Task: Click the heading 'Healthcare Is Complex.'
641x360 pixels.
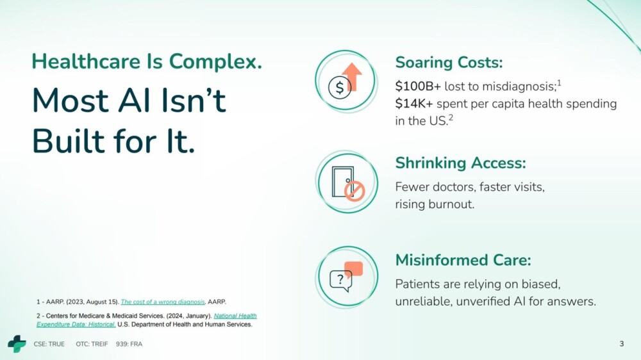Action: tap(147, 61)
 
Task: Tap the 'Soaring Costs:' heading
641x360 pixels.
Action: tap(449, 63)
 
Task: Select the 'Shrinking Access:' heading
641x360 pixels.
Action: tap(460, 163)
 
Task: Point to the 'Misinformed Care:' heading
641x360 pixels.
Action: tap(463, 260)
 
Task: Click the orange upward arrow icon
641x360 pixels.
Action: tap(353, 76)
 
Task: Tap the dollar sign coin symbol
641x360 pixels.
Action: tap(339, 88)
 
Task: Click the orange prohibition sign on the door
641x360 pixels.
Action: tap(354, 191)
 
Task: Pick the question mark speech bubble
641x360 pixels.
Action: tap(341, 281)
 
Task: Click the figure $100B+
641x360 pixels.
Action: tap(418, 86)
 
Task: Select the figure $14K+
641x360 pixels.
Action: tap(413, 104)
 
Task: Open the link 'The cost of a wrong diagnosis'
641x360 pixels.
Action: tap(163, 302)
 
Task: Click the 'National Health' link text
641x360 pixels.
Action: tap(235, 316)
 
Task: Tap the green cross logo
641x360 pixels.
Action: tap(17, 343)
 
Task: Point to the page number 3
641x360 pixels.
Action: tap(622, 343)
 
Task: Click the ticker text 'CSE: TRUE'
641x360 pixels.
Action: tap(49, 344)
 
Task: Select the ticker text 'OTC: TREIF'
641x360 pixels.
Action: tap(92, 344)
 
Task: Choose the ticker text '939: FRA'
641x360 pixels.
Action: tap(129, 344)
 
